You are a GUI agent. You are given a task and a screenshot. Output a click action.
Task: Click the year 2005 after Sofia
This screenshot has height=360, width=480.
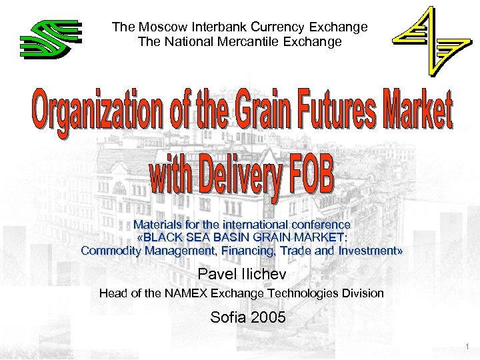(268, 317)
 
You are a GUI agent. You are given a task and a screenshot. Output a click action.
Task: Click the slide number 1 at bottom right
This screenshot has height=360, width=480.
(468, 346)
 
